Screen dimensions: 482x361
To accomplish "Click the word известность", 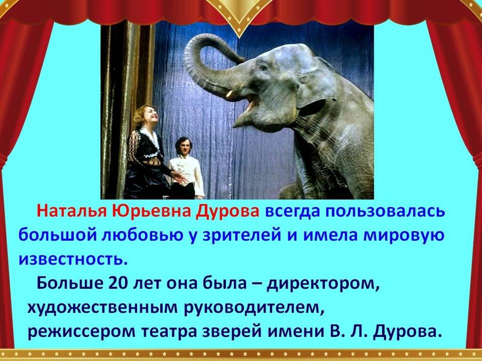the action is coord(73,259).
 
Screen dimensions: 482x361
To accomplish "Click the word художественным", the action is coord(102,308).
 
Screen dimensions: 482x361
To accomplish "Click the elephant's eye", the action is coord(264,67).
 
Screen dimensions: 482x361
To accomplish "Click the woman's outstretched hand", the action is coord(179,177).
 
